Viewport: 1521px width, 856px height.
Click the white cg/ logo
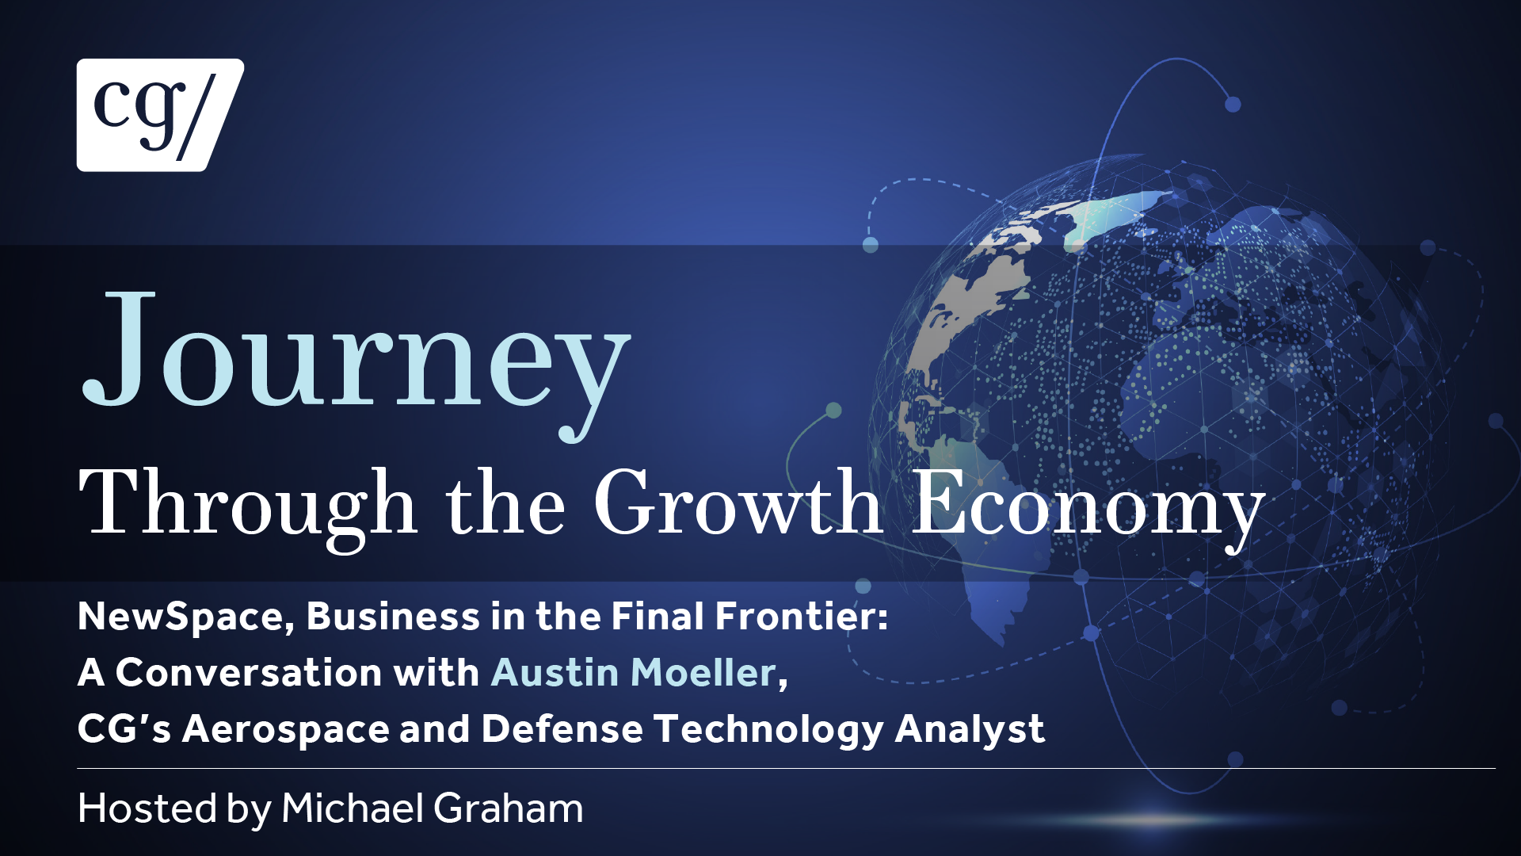[160, 115]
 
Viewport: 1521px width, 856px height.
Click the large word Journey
[356, 364]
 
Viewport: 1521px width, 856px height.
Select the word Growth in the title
[738, 503]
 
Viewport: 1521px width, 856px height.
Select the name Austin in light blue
[555, 672]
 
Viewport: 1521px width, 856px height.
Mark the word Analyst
[970, 730]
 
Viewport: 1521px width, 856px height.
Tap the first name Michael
[353, 808]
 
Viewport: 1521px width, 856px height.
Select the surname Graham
[509, 808]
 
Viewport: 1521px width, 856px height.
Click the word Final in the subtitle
[658, 617]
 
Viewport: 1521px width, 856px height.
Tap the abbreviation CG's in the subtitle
[124, 728]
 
